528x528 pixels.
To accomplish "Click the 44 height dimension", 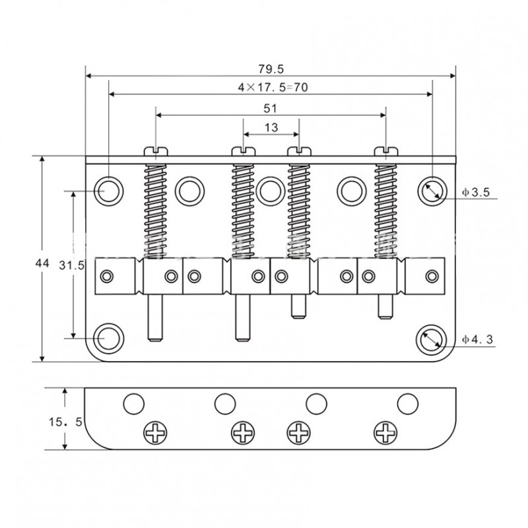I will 42,263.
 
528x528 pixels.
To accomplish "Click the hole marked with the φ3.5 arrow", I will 431,190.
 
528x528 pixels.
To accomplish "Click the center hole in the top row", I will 269,190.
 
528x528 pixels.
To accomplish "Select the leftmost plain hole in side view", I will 134,402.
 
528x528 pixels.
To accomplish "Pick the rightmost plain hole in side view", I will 407,402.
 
